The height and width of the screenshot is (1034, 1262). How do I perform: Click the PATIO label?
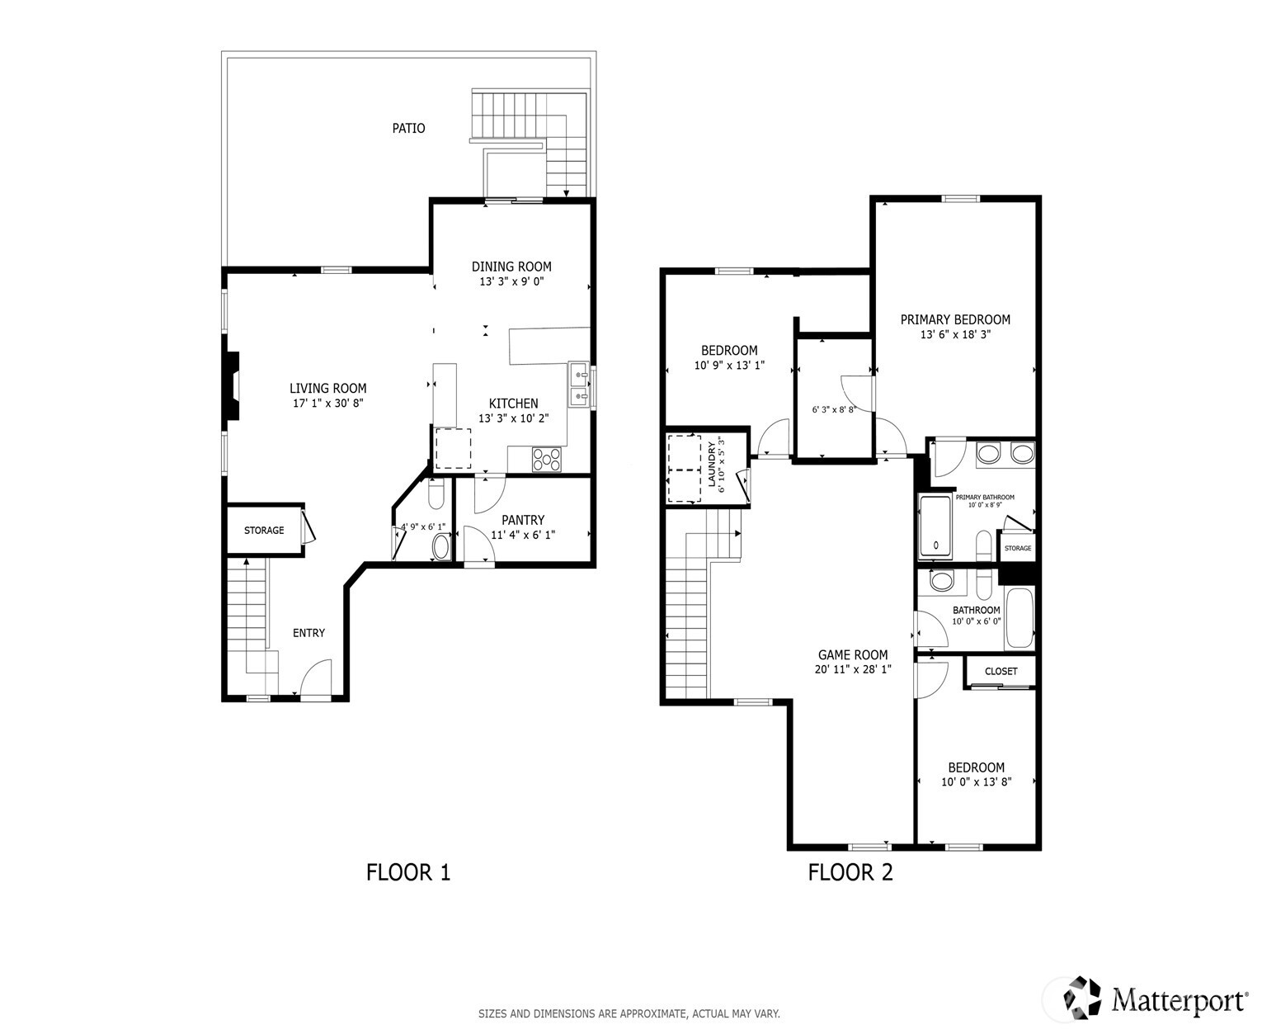point(408,129)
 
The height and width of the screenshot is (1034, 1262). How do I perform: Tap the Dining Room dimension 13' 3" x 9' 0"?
point(511,281)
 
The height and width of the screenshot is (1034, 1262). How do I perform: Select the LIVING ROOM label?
point(327,389)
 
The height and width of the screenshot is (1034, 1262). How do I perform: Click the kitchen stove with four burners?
point(546,459)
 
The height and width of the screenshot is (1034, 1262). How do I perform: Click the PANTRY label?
point(523,520)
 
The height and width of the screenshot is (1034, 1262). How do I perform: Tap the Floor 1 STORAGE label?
point(264,531)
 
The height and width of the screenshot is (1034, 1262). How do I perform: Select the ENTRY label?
point(308,633)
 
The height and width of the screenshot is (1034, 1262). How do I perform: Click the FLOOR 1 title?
point(408,872)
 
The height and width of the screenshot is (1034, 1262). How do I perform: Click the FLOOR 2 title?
point(850,872)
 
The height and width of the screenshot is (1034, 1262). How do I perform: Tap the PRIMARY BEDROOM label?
point(955,320)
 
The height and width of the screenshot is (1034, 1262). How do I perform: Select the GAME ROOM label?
point(853,655)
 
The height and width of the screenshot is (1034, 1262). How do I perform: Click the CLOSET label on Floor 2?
point(1001,672)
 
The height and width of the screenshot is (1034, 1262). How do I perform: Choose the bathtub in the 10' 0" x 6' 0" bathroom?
point(1019,618)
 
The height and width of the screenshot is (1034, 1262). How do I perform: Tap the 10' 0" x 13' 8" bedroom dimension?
point(976,782)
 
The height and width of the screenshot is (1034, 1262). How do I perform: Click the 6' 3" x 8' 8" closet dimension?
point(833,409)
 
